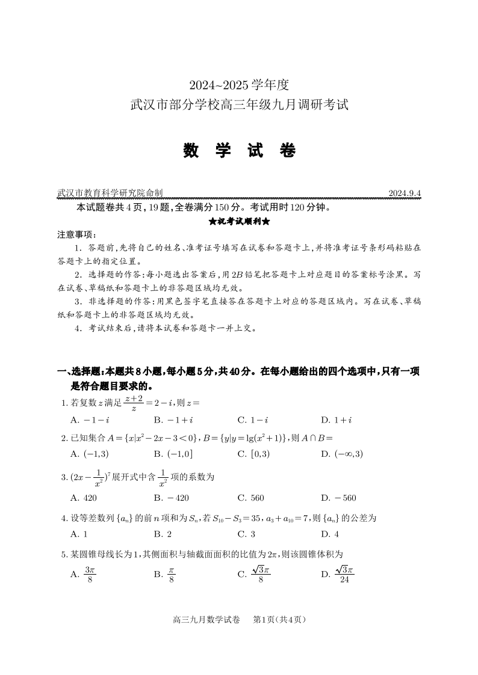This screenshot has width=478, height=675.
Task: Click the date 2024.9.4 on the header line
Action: tap(405, 194)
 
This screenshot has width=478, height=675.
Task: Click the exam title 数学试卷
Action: tap(239, 150)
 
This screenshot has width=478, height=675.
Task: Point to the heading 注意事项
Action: tap(72, 234)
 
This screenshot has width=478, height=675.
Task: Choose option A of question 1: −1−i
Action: tap(86, 420)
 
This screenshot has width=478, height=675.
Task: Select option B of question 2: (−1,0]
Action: tap(173, 454)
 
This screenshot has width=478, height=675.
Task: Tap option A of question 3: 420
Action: tap(84, 498)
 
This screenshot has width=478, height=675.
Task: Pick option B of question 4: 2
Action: tap(163, 534)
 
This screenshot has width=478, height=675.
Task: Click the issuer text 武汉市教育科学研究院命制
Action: tap(110, 194)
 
